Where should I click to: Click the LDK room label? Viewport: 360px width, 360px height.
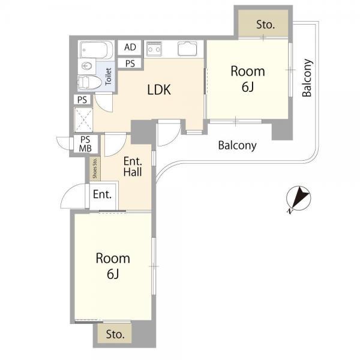pos(159,89)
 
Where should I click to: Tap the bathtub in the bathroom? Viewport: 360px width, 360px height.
pos(96,49)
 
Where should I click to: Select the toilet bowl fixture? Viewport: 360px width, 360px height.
pos(89,82)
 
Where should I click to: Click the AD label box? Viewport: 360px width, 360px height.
pos(130,47)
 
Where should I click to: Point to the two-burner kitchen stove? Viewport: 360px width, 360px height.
pos(154,49)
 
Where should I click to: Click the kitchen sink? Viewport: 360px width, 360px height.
pos(187,49)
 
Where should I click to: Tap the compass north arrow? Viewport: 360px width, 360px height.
pos(299,197)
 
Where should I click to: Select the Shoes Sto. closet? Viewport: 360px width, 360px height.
pos(95,169)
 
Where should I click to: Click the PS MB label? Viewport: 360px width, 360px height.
pos(85,144)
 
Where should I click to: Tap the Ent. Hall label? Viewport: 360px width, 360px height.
pos(133,167)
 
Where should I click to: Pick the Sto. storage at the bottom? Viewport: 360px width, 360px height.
pos(115,334)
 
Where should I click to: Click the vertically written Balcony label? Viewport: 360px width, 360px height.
pos(307,78)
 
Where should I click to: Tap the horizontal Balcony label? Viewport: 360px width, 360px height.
pos(237,146)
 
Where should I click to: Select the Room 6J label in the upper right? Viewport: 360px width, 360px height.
pos(248,79)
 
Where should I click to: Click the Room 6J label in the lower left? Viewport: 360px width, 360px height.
pos(113,266)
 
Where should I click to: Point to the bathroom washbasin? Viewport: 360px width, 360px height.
pos(87,66)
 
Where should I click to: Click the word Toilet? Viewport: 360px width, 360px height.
pos(108,76)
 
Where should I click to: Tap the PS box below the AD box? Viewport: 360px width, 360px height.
pos(130,63)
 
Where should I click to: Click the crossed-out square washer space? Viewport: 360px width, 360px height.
pos(83,119)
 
